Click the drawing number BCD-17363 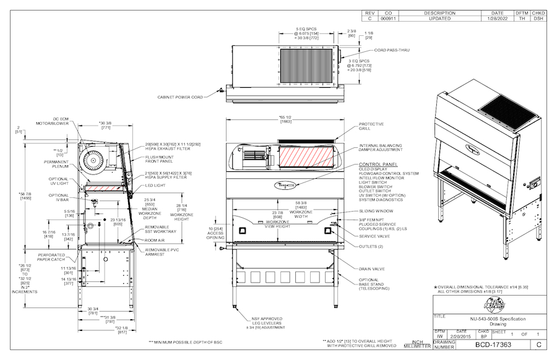(493, 344)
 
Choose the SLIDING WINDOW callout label (376, 211)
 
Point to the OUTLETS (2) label (371, 246)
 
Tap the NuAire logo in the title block (451, 306)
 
